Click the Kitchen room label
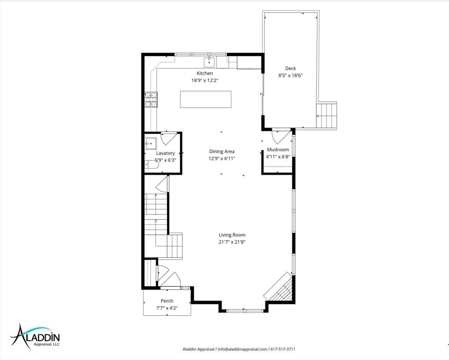pyautogui.click(x=204, y=73)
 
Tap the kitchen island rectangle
pyautogui.click(x=206, y=99)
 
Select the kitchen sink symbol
pyautogui.click(x=209, y=61)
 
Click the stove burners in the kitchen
pyautogui.click(x=151, y=100)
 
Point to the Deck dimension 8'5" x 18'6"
pyautogui.click(x=291, y=75)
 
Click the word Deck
pyautogui.click(x=291, y=68)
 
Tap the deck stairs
pyautogui.click(x=327, y=116)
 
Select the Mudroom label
pyautogui.click(x=278, y=150)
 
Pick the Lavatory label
pyautogui.click(x=165, y=153)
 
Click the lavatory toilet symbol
pyautogui.click(x=151, y=165)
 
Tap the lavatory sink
pyautogui.click(x=150, y=143)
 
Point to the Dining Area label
pyautogui.click(x=222, y=151)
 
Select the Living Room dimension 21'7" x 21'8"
pyautogui.click(x=232, y=242)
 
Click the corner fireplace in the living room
pyautogui.click(x=278, y=287)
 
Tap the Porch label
pyautogui.click(x=167, y=301)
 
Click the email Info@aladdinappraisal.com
pyautogui.click(x=242, y=349)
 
